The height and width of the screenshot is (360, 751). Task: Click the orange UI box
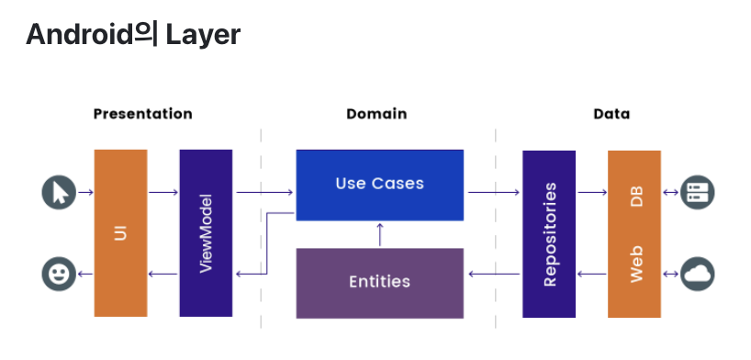tap(120, 233)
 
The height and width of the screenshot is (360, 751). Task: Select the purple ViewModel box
tap(206, 233)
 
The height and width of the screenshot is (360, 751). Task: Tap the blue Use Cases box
tap(379, 184)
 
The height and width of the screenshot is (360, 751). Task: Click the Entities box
tap(379, 282)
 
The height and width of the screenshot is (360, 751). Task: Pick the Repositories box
tap(549, 233)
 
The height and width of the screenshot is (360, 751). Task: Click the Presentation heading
tap(142, 115)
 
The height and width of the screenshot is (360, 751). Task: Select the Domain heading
tap(376, 115)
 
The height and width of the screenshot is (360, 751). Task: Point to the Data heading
tap(611, 115)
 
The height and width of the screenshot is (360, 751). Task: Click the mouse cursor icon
tap(59, 193)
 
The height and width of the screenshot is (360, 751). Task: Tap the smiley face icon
tap(59, 274)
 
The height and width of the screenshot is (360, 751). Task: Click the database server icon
tap(698, 193)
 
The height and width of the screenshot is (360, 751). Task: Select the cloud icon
tap(698, 274)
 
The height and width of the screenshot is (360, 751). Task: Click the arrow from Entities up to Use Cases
tap(379, 234)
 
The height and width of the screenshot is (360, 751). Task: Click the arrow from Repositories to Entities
tap(494, 275)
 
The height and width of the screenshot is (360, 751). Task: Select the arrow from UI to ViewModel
tap(163, 193)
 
